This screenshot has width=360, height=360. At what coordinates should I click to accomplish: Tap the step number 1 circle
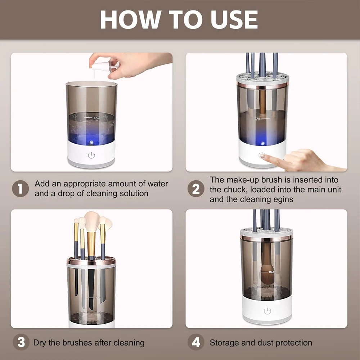coord(20,189)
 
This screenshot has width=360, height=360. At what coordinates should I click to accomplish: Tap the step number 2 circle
coord(195,189)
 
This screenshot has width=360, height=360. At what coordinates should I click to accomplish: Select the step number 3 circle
coord(21,342)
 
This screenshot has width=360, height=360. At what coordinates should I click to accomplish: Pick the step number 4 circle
coord(195,342)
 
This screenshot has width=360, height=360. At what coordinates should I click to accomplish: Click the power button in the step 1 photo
coord(91,156)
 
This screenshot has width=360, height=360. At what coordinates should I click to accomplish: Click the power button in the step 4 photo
coord(267,311)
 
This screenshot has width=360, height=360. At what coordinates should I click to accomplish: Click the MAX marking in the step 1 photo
coord(96,118)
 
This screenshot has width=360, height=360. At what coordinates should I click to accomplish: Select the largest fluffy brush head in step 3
coord(92,221)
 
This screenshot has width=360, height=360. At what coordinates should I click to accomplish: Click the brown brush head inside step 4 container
coord(266,275)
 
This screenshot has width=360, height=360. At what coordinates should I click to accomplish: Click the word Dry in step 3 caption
coord(40,343)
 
